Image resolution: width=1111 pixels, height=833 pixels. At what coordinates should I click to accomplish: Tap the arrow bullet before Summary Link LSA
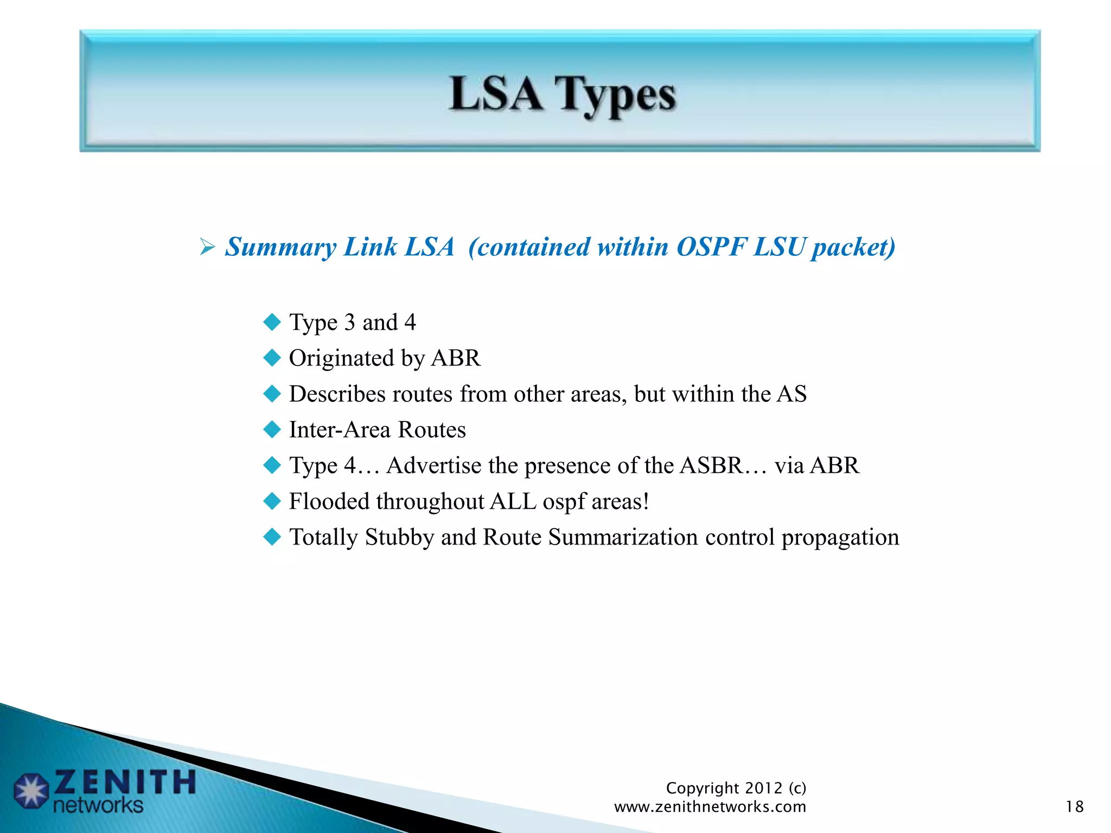pos(207,247)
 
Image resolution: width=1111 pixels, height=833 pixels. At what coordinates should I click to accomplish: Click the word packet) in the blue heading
pos(853,248)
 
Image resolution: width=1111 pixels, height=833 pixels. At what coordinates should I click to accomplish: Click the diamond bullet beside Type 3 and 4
pos(272,322)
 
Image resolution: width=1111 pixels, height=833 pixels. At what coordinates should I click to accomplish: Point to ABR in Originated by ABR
pos(456,358)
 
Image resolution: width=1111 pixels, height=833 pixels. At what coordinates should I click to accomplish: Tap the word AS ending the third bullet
pos(791,394)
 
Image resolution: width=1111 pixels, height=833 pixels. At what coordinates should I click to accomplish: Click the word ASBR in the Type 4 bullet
pos(711,465)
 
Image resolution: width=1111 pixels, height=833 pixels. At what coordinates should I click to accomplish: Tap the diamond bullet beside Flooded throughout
pos(272,501)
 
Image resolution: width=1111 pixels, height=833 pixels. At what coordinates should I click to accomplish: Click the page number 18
pos(1074,807)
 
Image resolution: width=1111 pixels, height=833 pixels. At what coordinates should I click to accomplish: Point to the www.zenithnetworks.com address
pos(710,807)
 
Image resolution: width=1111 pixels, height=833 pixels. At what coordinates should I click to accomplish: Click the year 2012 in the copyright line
pos(763,788)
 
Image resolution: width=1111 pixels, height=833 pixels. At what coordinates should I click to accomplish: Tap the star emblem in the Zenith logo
pos(31,791)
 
